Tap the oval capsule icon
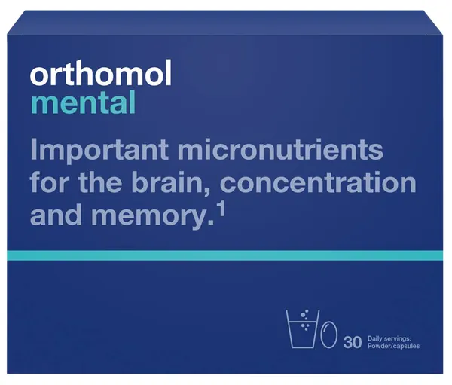click(x=328, y=335)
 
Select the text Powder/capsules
click(x=393, y=344)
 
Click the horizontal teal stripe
click(x=226, y=256)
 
